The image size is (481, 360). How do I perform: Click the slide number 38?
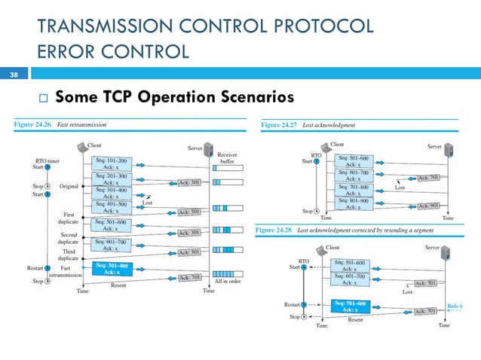(12, 75)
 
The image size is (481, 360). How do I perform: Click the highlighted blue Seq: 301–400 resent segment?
(111, 268)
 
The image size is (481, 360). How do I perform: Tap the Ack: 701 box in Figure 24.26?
(189, 277)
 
